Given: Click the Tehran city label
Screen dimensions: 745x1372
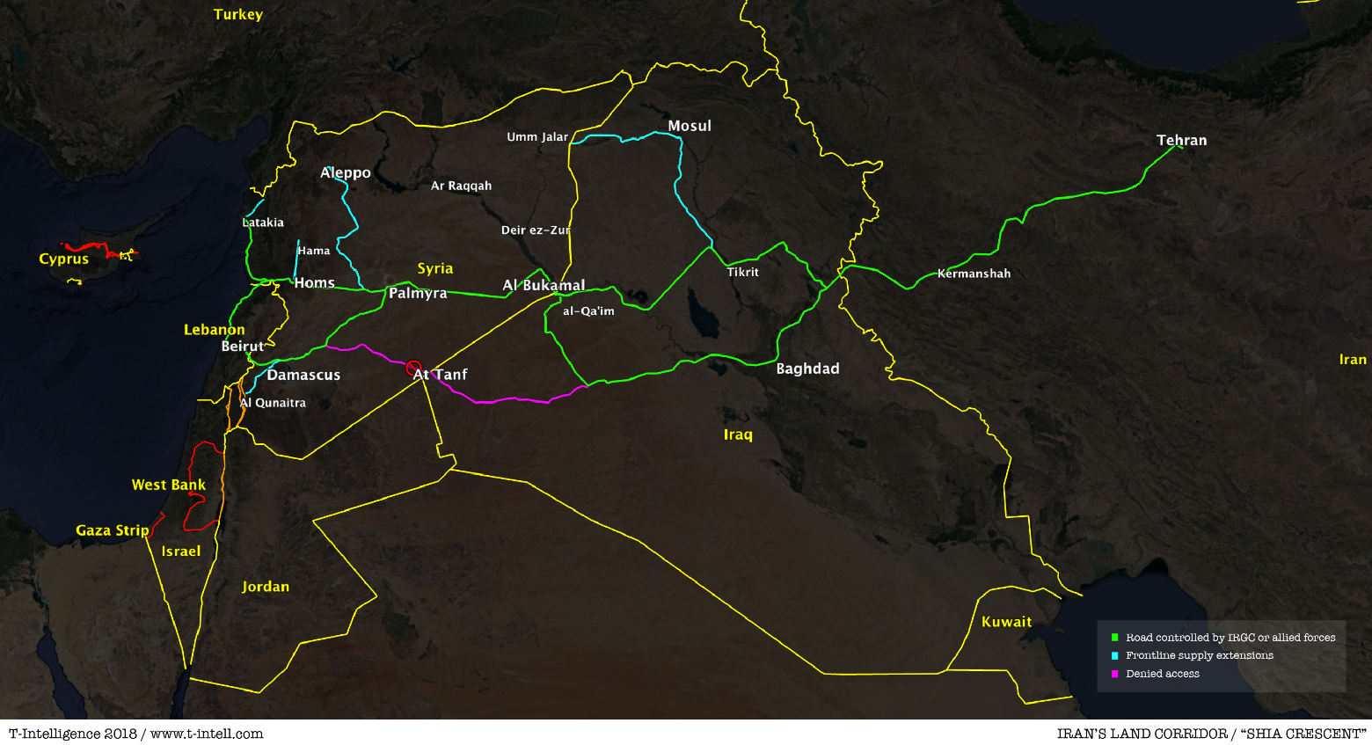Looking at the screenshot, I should coord(1181,140).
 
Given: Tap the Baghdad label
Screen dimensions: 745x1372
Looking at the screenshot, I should coord(807,369).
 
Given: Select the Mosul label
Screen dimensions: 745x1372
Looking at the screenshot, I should coord(690,126).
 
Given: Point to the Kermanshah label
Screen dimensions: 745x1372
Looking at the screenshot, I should coord(974,274).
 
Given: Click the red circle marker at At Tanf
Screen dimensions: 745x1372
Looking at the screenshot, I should coord(413,369).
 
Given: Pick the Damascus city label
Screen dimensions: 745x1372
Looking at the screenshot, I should coord(303,375).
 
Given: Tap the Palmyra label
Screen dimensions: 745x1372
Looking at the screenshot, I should coord(418,293).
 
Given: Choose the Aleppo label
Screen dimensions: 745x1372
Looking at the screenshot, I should coord(346,172).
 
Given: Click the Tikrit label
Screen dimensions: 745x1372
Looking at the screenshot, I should coord(742,272).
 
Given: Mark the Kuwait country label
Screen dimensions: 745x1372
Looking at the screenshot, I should coord(1006,622).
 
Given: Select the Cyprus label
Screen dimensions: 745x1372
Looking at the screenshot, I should coord(64,259).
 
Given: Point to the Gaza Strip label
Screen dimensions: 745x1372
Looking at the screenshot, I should coord(113,530).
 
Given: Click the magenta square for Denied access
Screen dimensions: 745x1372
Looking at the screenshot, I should coord(1115,674).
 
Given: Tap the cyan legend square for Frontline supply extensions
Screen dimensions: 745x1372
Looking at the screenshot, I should coord(1115,655).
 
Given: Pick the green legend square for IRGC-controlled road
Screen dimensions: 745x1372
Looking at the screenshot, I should coord(1115,638).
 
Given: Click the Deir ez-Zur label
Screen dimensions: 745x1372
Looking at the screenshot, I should coord(536,230).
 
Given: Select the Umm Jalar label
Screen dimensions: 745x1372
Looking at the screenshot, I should coord(537,136).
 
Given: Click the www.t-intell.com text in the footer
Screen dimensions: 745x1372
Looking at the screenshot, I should coord(207,734).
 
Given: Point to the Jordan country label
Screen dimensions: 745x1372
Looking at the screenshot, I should coord(266,587).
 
